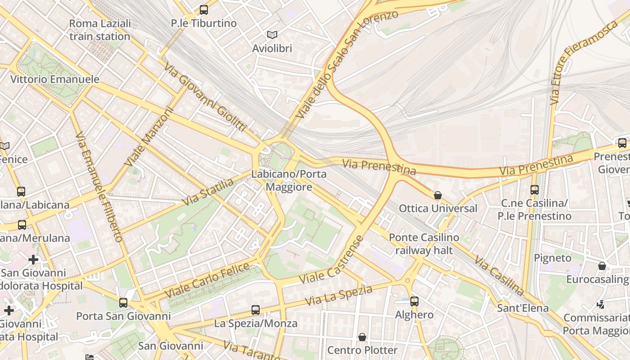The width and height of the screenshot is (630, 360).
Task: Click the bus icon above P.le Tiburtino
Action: pos(204,9)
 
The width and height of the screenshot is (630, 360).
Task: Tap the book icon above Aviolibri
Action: pos(272,35)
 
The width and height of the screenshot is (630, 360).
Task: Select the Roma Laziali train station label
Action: pos(100,30)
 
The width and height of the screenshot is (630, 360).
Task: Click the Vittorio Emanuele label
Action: pos(55,79)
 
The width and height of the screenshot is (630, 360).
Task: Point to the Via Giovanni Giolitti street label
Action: pos(205,97)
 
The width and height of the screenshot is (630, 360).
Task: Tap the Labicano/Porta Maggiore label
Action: pos(289,180)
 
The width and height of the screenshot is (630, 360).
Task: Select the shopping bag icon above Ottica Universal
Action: pos(437,195)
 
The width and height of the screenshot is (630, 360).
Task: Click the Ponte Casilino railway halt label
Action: pos(424,243)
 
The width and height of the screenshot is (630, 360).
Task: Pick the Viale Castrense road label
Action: pos(331,260)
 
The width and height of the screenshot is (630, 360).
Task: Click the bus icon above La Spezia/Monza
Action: pos(256,310)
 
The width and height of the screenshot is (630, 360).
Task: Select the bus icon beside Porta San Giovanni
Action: pos(123,302)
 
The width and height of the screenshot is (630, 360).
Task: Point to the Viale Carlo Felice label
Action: pos(207,280)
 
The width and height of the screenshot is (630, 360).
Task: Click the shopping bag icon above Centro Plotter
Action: pos(362,337)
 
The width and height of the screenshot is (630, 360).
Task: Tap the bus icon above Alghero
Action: pos(414,301)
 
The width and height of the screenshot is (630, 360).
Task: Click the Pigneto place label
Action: pos(552,258)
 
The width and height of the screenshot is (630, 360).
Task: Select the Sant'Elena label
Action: pos(522,308)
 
